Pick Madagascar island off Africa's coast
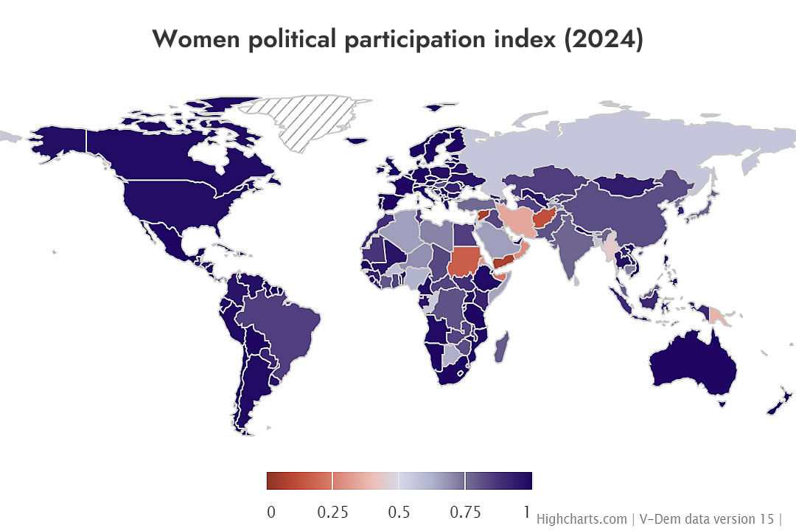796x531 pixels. click(500, 347)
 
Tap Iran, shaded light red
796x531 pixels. click(516, 221)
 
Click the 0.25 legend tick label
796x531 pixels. click(332, 513)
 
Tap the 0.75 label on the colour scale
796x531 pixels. click(465, 513)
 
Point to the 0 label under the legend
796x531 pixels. click(271, 513)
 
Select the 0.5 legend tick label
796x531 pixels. click(399, 513)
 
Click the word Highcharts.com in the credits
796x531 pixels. click(581, 518)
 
